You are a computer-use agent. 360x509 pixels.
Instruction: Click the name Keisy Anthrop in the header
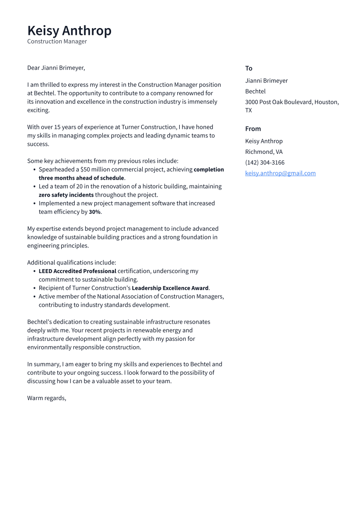(x=69, y=31)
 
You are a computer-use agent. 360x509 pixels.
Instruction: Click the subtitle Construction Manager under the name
(x=57, y=41)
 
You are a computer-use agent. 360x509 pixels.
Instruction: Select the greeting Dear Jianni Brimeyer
(x=56, y=68)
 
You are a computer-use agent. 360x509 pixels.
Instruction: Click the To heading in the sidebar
(x=248, y=68)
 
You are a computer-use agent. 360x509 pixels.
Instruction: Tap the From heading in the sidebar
(x=253, y=129)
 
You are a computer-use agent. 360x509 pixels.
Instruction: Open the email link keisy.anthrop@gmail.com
(x=280, y=173)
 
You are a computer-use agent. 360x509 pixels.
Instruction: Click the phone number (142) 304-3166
(x=264, y=162)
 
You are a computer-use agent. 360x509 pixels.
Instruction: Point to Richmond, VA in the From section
(x=264, y=152)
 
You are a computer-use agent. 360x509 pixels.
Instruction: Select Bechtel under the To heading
(x=255, y=91)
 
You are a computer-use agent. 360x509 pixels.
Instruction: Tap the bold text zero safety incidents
(x=66, y=195)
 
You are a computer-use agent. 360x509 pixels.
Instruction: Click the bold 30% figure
(x=95, y=212)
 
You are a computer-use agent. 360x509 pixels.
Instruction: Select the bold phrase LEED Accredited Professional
(x=77, y=271)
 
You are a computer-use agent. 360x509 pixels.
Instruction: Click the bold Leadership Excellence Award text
(x=170, y=288)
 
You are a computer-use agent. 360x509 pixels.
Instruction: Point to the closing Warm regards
(x=46, y=398)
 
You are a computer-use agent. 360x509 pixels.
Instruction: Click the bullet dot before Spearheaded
(x=34, y=170)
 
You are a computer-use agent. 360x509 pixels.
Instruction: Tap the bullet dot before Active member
(x=34, y=297)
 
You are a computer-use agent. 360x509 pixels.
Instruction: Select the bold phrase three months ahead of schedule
(x=81, y=178)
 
